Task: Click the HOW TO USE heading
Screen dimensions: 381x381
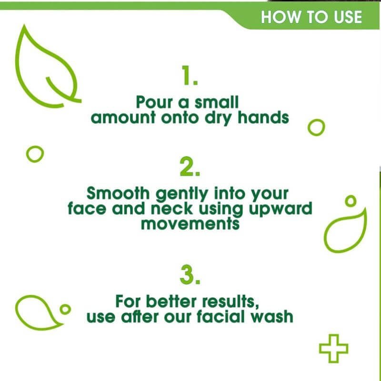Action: tap(311, 17)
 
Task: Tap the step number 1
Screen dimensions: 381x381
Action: tap(190, 75)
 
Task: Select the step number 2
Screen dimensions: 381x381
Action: tap(190, 166)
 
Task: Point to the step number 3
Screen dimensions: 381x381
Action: tap(190, 275)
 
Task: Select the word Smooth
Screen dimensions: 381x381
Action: tap(118, 193)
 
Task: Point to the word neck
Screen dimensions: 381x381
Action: tap(172, 209)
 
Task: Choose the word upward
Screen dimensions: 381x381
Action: tap(281, 210)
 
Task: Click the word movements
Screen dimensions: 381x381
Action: tap(190, 224)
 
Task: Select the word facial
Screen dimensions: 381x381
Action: tap(221, 316)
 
